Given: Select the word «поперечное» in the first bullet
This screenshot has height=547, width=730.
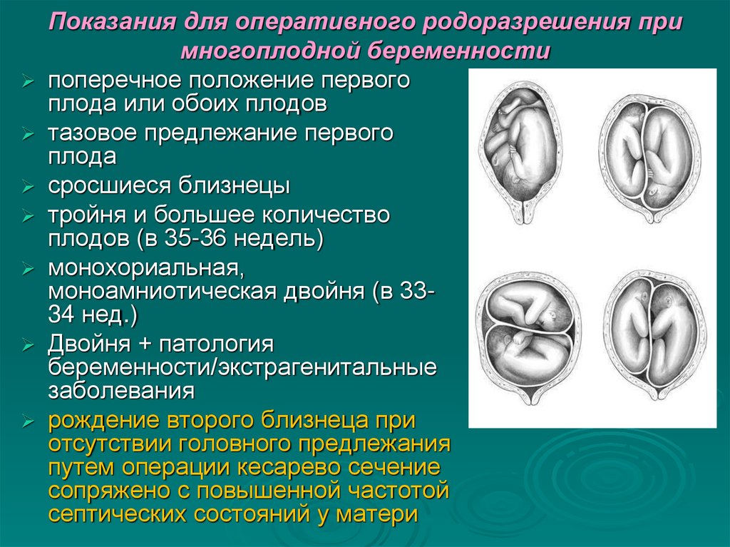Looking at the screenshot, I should coord(108,81).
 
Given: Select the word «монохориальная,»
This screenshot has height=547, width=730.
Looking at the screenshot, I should coord(143,270).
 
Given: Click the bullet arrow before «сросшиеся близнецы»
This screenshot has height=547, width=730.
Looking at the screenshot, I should coord(28,188).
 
